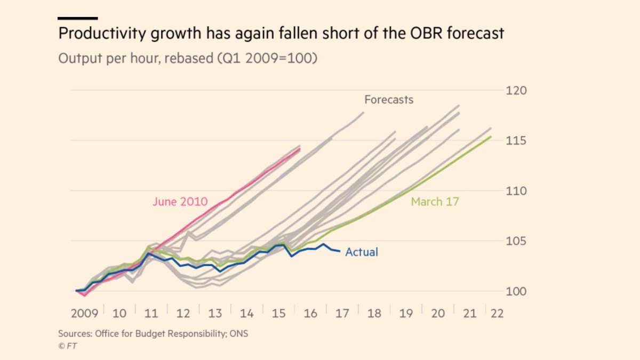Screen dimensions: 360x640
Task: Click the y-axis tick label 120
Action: coord(516,91)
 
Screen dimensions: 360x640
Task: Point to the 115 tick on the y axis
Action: coord(516,141)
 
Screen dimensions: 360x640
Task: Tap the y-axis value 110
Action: coord(516,191)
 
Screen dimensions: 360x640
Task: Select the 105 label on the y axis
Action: coord(516,241)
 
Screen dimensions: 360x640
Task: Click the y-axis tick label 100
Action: coord(516,291)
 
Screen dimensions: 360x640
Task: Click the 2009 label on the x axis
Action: coord(84,313)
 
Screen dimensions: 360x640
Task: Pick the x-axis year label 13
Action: coord(215,313)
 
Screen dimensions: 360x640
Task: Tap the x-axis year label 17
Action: coord(342,313)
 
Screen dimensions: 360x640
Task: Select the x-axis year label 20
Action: coord(437,313)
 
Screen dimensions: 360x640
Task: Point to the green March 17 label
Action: coord(435,202)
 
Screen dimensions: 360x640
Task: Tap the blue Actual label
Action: coord(362,252)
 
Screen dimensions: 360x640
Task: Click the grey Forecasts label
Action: coord(389,99)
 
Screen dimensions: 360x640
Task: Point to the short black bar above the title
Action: coord(77,18)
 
